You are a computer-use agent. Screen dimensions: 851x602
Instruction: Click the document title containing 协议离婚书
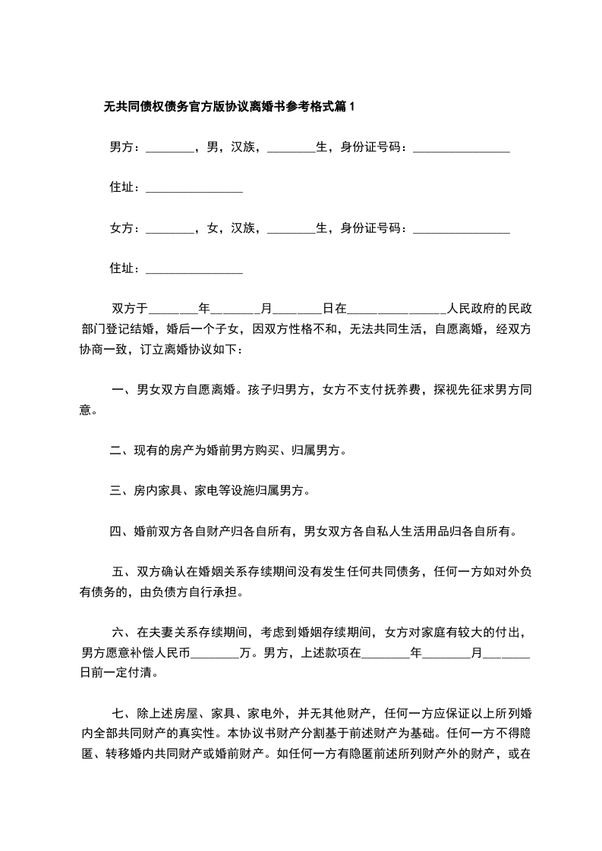point(229,108)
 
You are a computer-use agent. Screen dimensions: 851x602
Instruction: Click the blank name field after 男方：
point(169,148)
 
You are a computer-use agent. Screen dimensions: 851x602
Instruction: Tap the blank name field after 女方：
point(169,228)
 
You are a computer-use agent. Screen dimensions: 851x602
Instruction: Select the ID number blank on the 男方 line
point(461,148)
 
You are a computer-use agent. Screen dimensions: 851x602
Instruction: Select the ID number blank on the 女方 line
point(461,228)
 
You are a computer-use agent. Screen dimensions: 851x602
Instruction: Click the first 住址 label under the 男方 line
point(124,188)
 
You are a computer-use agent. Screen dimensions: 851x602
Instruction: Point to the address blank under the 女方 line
point(194,268)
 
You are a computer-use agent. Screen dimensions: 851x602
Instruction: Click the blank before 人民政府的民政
point(397,309)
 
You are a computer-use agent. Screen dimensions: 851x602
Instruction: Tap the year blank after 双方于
point(173,309)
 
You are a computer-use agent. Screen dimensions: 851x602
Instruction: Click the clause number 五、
point(123,573)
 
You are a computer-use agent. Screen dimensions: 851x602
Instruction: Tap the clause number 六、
point(123,632)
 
